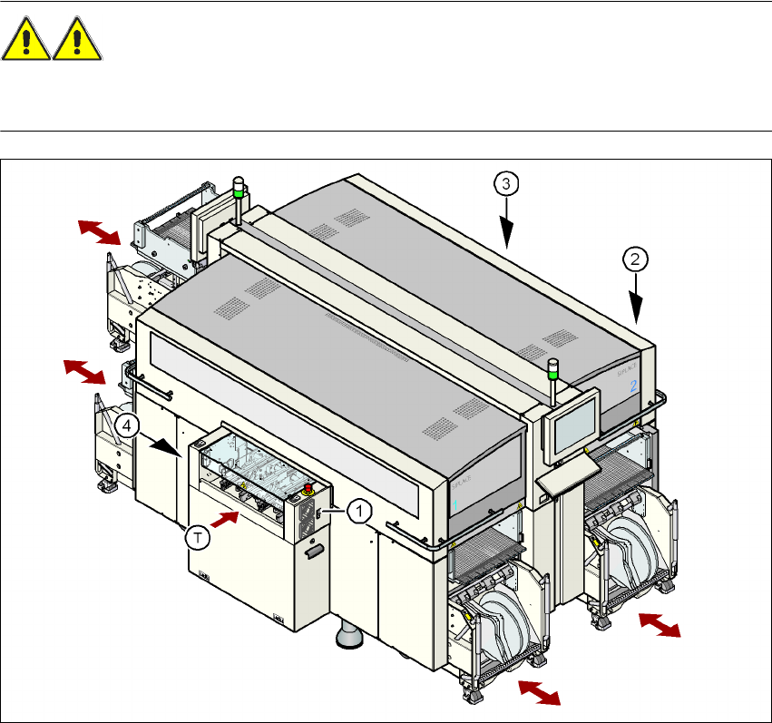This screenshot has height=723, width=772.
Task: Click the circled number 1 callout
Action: (359, 512)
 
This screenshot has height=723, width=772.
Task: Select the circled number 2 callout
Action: (636, 259)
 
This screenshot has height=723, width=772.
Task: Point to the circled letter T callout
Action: (200, 537)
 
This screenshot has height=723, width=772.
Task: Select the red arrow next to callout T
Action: (225, 519)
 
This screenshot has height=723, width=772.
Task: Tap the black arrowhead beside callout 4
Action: (163, 445)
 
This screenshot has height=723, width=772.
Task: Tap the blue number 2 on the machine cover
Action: (634, 386)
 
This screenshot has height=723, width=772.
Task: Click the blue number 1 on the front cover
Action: (456, 501)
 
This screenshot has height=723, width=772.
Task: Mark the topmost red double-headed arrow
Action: (98, 231)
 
